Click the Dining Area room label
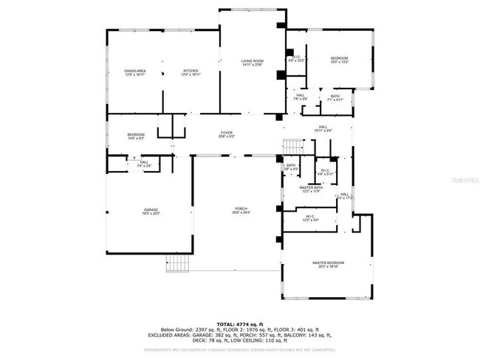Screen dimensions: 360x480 [x=134, y=72]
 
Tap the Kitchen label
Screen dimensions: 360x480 [x=191, y=72]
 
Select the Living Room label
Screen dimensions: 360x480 [x=253, y=62]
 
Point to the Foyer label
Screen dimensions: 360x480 [x=226, y=135]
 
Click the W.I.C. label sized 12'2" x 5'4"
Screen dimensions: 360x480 [x=310, y=218]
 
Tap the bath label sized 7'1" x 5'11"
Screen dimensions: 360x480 [x=335, y=97]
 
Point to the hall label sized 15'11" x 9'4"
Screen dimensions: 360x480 [x=323, y=128]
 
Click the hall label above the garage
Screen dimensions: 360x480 [x=144, y=164]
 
